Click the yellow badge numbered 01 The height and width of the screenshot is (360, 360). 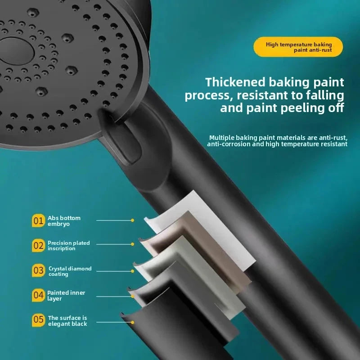38,220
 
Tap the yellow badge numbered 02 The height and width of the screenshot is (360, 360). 38,245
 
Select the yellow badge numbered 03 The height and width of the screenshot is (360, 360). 38,270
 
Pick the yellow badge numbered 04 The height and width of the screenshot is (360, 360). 38,295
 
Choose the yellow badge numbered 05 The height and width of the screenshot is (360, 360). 38,320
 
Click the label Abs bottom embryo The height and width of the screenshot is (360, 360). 64,221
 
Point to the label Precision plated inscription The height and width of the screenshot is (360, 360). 69,245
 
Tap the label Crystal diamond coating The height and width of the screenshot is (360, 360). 70,271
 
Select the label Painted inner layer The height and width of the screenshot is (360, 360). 66,296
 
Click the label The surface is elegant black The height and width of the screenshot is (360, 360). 67,321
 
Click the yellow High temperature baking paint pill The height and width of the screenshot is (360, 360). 298,47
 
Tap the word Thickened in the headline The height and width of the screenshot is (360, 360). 235,82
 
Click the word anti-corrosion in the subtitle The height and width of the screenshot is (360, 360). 228,144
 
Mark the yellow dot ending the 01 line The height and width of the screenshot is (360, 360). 132,220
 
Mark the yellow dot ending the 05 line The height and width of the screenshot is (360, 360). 132,322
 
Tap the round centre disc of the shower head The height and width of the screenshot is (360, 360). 17,51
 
